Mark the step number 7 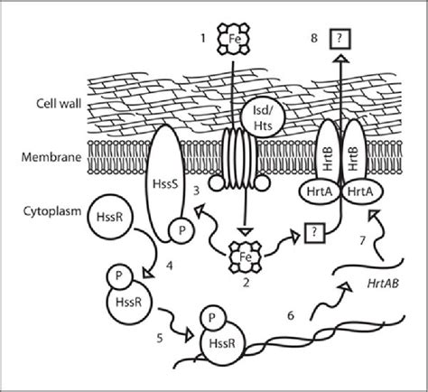click(x=361, y=240)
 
